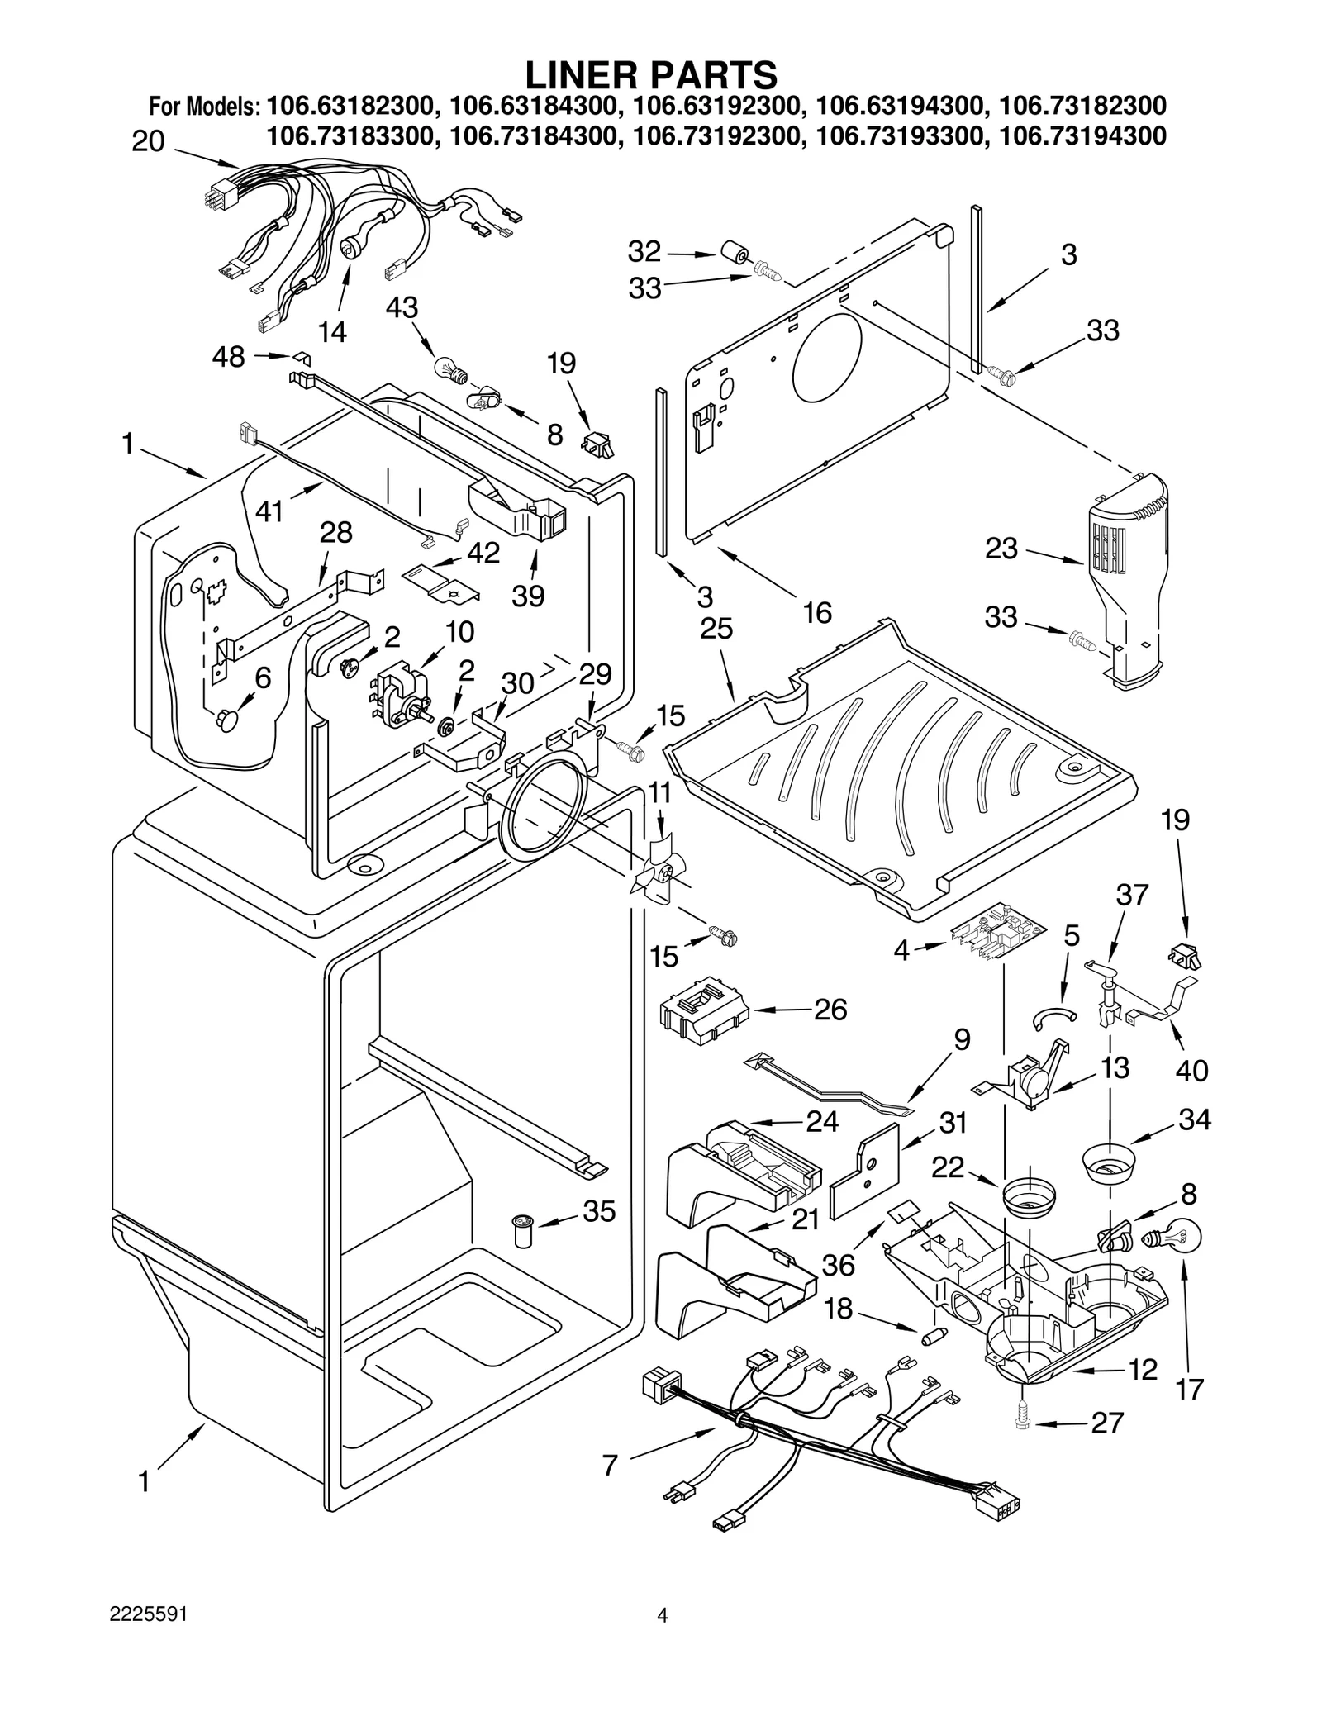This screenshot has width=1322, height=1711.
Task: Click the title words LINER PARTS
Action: coord(652,75)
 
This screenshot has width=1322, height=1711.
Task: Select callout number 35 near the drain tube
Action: coord(599,1211)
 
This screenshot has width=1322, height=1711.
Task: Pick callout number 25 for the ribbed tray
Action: coord(716,629)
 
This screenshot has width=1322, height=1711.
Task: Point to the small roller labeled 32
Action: coord(732,253)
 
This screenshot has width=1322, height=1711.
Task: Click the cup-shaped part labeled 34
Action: coord(1109,1162)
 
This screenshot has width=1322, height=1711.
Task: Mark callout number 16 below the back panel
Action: coord(817,613)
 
